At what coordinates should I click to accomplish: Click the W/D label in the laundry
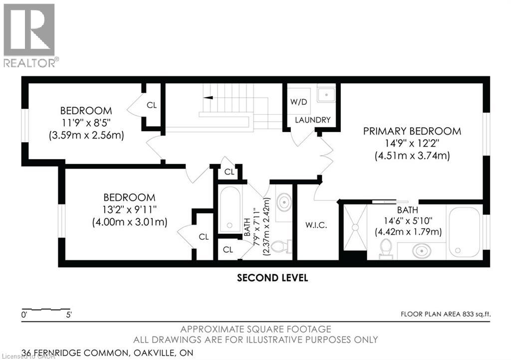point(298,102)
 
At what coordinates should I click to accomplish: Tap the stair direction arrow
point(208,97)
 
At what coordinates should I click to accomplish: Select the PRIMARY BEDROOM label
point(412,131)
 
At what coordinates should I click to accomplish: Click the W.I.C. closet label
point(316,225)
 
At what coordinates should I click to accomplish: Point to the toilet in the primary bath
point(386,248)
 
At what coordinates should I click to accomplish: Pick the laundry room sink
point(326,95)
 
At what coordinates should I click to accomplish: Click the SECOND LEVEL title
point(272,278)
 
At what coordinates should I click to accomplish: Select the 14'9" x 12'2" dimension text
point(412,143)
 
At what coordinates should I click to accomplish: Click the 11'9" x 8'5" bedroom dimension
point(86,123)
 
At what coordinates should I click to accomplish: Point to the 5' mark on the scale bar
point(69,315)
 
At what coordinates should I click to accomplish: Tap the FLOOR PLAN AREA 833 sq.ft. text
point(446,314)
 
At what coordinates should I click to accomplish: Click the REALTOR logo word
point(29,63)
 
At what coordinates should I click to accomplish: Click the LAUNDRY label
point(312,120)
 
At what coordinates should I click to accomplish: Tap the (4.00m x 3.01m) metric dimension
point(129,222)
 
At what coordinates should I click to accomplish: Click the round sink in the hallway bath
point(284,202)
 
